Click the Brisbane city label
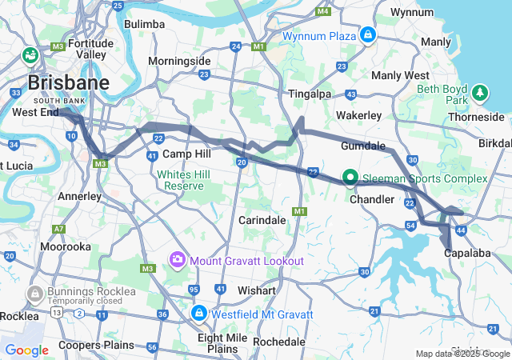tap(68, 82)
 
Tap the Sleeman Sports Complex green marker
tap(350, 177)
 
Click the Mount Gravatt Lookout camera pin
tap(177, 260)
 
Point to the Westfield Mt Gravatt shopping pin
tap(198, 313)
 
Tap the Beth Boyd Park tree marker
tap(480, 93)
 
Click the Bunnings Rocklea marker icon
tap(34, 294)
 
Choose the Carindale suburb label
tap(262, 220)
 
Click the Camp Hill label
tap(186, 154)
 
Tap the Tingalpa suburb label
tap(309, 94)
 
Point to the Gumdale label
tap(363, 147)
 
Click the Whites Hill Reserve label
tap(184, 180)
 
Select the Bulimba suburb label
tap(144, 24)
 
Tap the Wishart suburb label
tap(258, 290)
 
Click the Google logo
tap(26, 350)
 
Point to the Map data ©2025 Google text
tap(462, 354)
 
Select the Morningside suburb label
tap(179, 61)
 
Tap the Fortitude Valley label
tap(90, 49)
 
